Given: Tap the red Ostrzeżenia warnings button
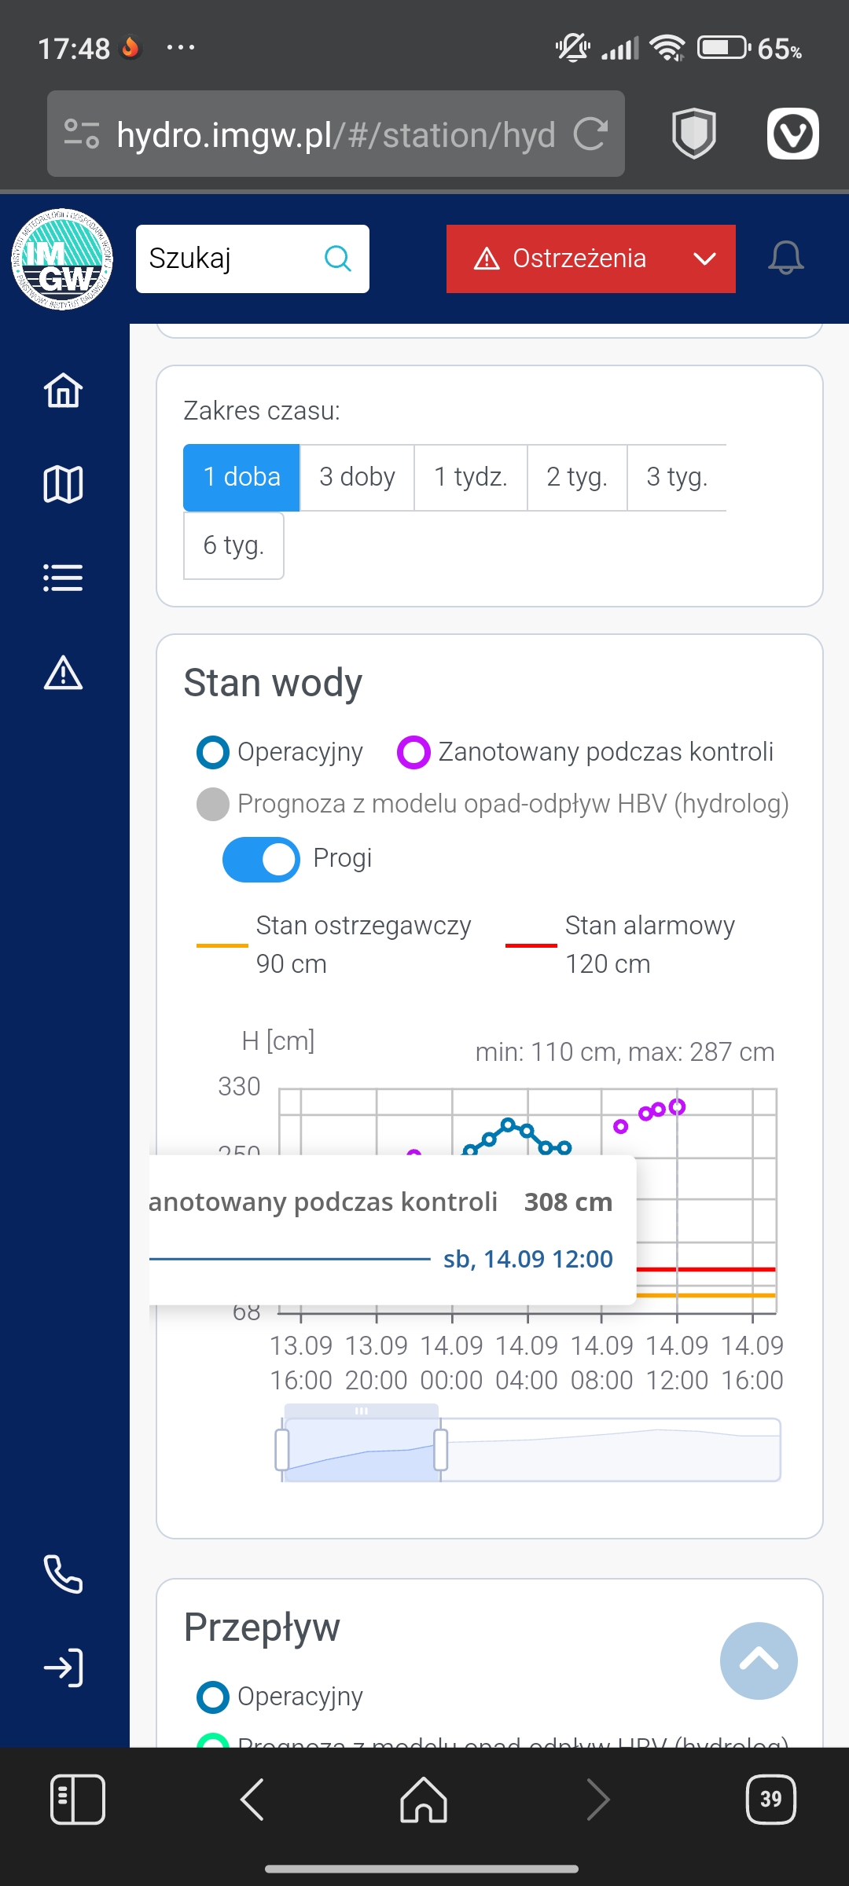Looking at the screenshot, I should point(590,259).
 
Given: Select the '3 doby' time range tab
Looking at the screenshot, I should point(357,477).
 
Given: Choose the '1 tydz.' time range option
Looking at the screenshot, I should point(470,477).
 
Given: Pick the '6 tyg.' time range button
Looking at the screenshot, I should point(233,545).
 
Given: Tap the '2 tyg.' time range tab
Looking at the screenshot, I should point(577,477).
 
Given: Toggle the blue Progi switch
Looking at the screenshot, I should point(261,859).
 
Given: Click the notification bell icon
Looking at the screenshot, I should point(785,259).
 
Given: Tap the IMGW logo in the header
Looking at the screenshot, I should point(62,259).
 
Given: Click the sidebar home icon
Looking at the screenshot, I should point(63,391).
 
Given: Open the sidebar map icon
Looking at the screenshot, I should point(63,484).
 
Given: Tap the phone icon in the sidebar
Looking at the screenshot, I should point(63,1574).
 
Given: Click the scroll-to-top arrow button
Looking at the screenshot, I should point(759,1660).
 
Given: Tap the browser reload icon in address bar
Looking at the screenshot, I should point(590,134).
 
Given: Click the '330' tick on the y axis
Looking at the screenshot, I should point(239,1087).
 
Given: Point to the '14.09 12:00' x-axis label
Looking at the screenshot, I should point(677,1363).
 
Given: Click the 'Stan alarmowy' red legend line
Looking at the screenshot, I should point(531,945).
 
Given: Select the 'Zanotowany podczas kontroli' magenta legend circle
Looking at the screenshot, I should point(413,752).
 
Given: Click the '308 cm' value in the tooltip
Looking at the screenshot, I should point(568,1202).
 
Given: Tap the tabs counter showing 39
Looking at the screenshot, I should point(770,1799).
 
